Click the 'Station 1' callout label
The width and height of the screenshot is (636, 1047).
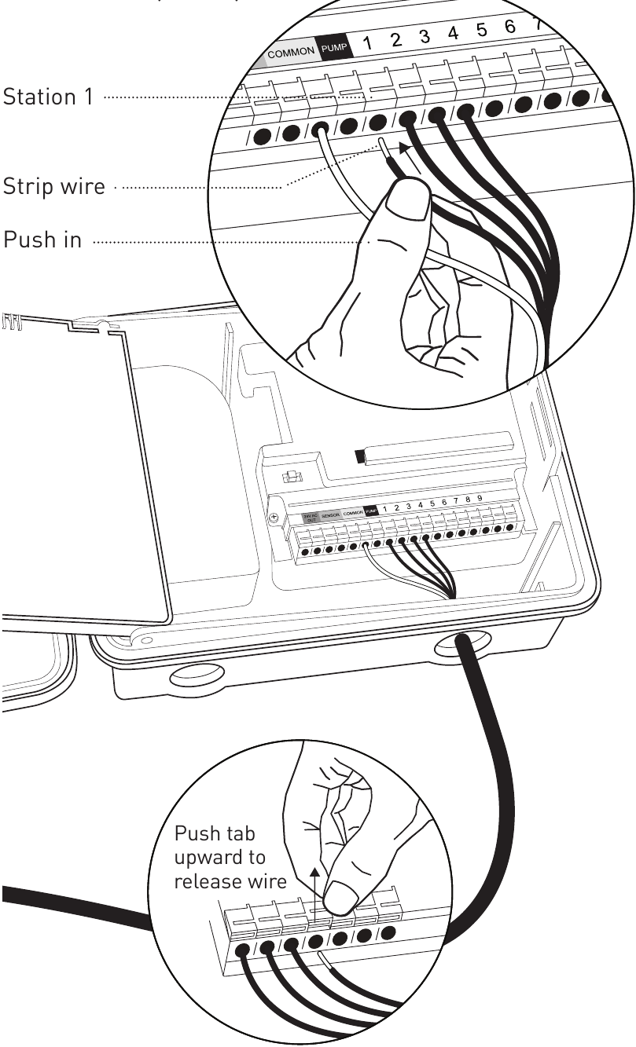[48, 97]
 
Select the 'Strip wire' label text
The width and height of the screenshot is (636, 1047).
[54, 189]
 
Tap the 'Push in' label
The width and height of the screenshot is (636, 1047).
[43, 240]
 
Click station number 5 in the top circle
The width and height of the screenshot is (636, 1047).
[481, 31]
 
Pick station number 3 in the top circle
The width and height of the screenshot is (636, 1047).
[424, 37]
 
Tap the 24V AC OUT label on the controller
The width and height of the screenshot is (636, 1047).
[309, 516]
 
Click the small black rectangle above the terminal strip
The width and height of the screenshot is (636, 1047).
[361, 455]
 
